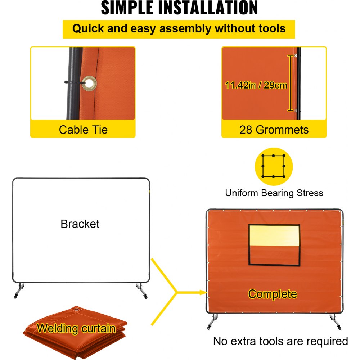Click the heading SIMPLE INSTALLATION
pos(180,8)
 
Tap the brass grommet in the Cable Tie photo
pos(89,83)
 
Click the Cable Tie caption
pos(83,130)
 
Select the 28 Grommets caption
pos(274,130)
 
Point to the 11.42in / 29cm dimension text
pos(256,85)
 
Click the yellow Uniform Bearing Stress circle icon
pos(274,166)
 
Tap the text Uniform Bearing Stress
pos(274,193)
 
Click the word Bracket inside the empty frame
pos(80,224)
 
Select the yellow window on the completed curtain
pos(274,235)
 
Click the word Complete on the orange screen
pos(273,294)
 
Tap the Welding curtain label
pos(76,328)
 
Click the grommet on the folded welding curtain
pos(77,310)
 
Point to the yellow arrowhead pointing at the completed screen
pos(203,292)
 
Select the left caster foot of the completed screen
pos(213,321)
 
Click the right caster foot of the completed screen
pos(336,322)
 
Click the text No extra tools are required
pos(280,341)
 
